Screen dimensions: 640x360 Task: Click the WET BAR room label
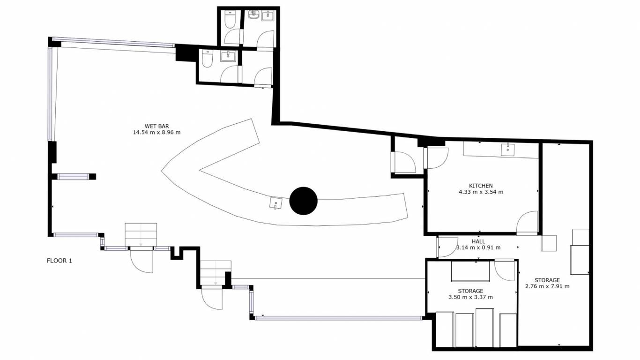[156, 126]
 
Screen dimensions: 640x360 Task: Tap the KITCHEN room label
[481, 186]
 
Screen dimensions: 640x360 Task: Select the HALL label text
[478, 241]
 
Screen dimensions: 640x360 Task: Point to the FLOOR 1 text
[60, 261]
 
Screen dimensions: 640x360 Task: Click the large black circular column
[304, 201]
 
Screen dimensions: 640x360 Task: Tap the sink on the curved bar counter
[275, 203]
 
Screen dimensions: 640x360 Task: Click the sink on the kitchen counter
[508, 150]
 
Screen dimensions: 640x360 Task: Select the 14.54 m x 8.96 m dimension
[156, 132]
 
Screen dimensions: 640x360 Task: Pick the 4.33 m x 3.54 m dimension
[481, 192]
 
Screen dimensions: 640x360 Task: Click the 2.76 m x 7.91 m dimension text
[547, 286]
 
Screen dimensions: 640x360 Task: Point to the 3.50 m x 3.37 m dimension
[470, 297]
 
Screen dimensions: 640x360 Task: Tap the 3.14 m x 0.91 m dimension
[478, 247]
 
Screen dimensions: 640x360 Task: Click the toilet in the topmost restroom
[230, 20]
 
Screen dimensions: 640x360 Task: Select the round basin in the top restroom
[253, 15]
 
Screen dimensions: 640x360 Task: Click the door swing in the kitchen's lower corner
[527, 223]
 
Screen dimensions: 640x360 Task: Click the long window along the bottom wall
[338, 318]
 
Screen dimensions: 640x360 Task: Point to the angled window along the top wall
[113, 42]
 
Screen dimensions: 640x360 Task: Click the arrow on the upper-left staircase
[141, 235]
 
